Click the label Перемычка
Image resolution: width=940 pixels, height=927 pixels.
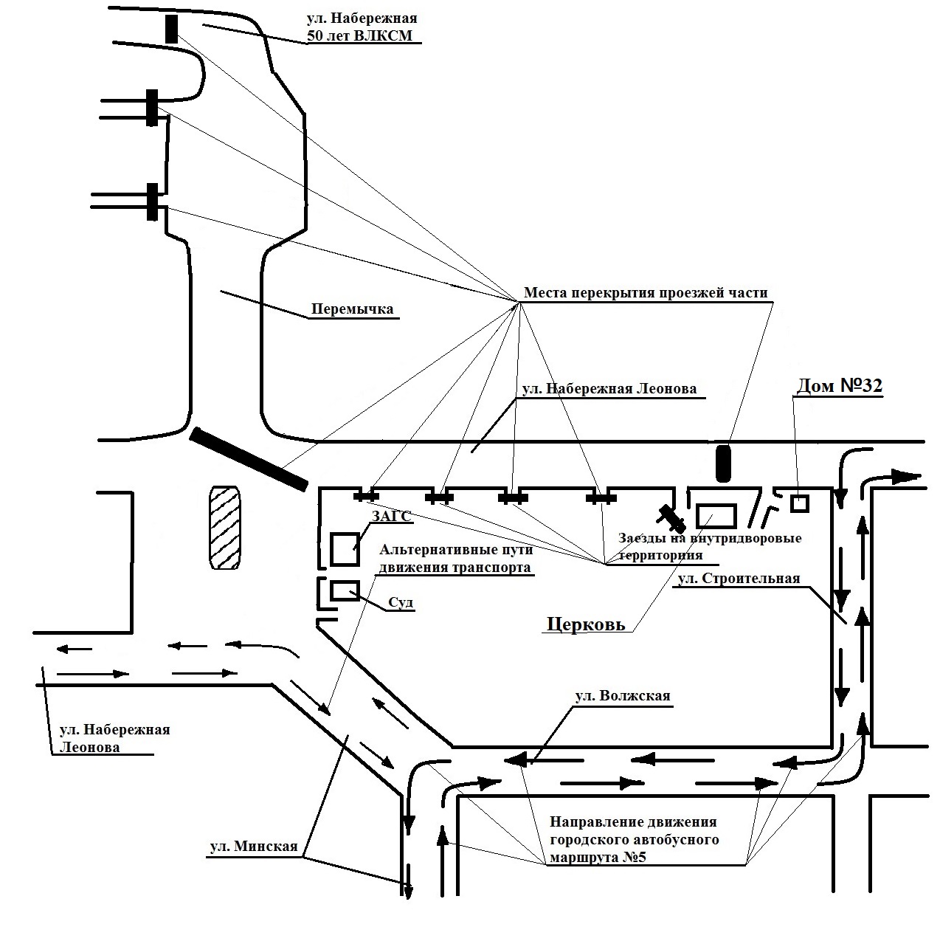coord(352,309)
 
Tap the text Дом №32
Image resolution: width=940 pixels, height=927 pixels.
coord(840,386)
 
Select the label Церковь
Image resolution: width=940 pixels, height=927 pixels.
coord(586,624)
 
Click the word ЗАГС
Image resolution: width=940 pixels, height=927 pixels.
coord(392,516)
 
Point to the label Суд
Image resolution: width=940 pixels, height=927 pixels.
coord(401,602)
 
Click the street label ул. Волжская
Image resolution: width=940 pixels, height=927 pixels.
coord(623,695)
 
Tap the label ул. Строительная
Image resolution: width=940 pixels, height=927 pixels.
coord(739,579)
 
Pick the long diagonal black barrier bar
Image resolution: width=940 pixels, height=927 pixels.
coord(249,459)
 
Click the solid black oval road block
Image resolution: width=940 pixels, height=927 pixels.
coord(723,463)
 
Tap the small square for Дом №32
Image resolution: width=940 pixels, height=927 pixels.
coord(800,503)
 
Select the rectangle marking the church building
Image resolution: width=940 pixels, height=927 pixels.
coord(716,516)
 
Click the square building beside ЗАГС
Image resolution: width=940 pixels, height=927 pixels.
coord(345,549)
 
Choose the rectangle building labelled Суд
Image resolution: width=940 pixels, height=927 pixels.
coord(345,590)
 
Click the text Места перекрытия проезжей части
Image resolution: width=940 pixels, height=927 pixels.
coord(646,293)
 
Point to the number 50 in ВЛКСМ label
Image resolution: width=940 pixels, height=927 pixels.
coord(314,35)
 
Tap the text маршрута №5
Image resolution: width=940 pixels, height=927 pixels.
coord(598,858)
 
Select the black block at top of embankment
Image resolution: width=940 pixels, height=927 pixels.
coord(172,30)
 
